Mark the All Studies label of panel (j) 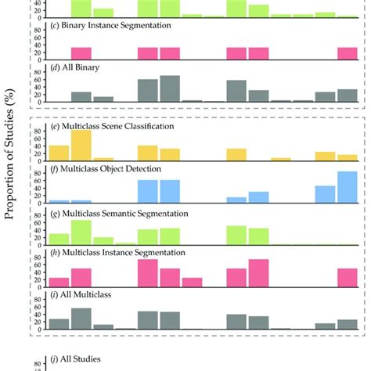coord(74,358)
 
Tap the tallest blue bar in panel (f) coord(348,188)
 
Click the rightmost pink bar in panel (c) coord(348,53)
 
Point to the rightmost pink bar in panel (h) coord(348,278)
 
